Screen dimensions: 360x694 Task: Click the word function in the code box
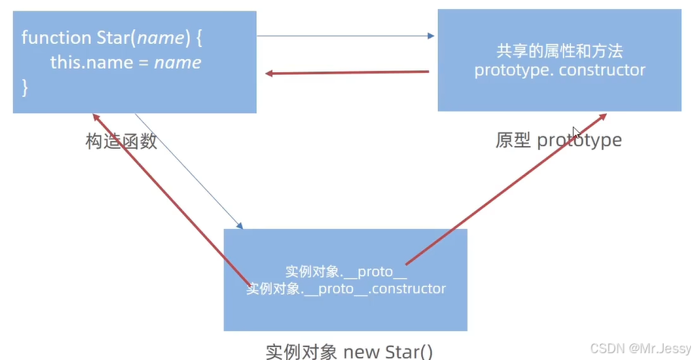(49, 36)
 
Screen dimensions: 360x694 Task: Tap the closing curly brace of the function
(25, 88)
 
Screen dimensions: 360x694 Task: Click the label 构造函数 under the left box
(121, 141)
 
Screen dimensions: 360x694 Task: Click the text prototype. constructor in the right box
(560, 70)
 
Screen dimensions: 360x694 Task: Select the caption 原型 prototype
(558, 140)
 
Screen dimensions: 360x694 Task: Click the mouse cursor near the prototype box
(577, 133)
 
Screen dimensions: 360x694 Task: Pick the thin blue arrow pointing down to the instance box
(189, 171)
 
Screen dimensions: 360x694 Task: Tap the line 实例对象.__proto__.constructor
(346, 289)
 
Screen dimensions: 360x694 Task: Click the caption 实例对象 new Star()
(349, 352)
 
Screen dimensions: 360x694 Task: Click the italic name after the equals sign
(178, 62)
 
